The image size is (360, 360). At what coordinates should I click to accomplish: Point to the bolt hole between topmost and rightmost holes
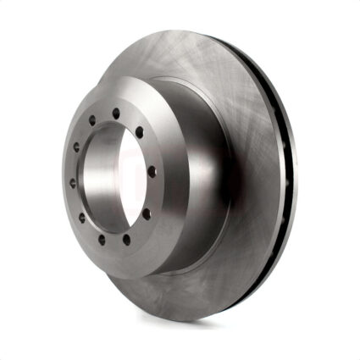point(138,131)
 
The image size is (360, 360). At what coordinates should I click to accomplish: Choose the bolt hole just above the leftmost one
point(76,147)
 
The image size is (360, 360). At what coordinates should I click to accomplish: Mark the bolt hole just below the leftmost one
point(82,217)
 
